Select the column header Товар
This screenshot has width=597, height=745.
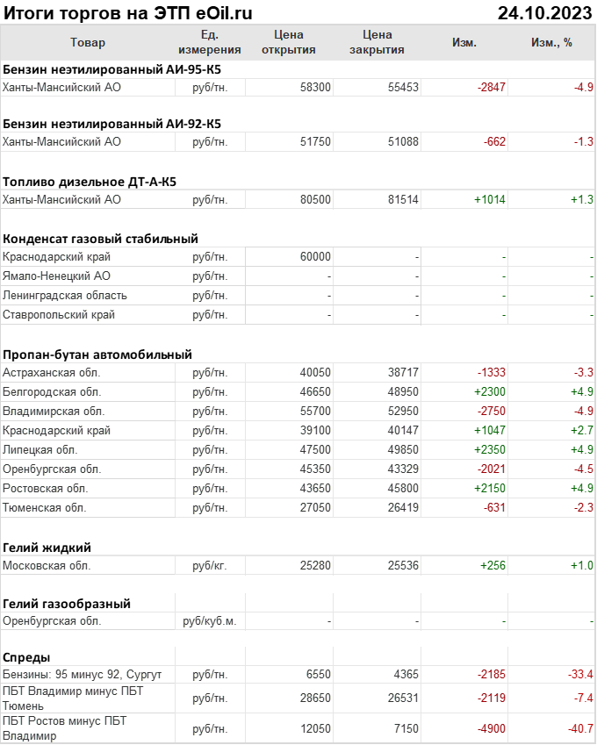(x=87, y=42)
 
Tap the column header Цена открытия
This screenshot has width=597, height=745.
(x=289, y=42)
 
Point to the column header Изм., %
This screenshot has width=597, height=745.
(x=552, y=42)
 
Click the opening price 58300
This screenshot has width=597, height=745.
(x=315, y=87)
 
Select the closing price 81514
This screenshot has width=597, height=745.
(x=403, y=200)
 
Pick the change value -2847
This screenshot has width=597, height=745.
(x=492, y=87)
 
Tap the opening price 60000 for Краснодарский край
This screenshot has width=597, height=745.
(x=315, y=257)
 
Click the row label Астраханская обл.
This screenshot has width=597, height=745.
(x=51, y=373)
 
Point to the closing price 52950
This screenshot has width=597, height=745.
(x=403, y=412)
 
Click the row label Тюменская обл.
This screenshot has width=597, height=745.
(x=45, y=508)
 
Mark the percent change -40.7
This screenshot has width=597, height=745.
(x=579, y=729)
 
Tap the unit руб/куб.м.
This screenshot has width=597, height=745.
(x=209, y=621)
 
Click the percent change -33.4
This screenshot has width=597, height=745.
(x=579, y=675)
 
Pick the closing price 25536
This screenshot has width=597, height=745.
(x=403, y=566)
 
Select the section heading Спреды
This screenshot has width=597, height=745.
(x=26, y=657)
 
